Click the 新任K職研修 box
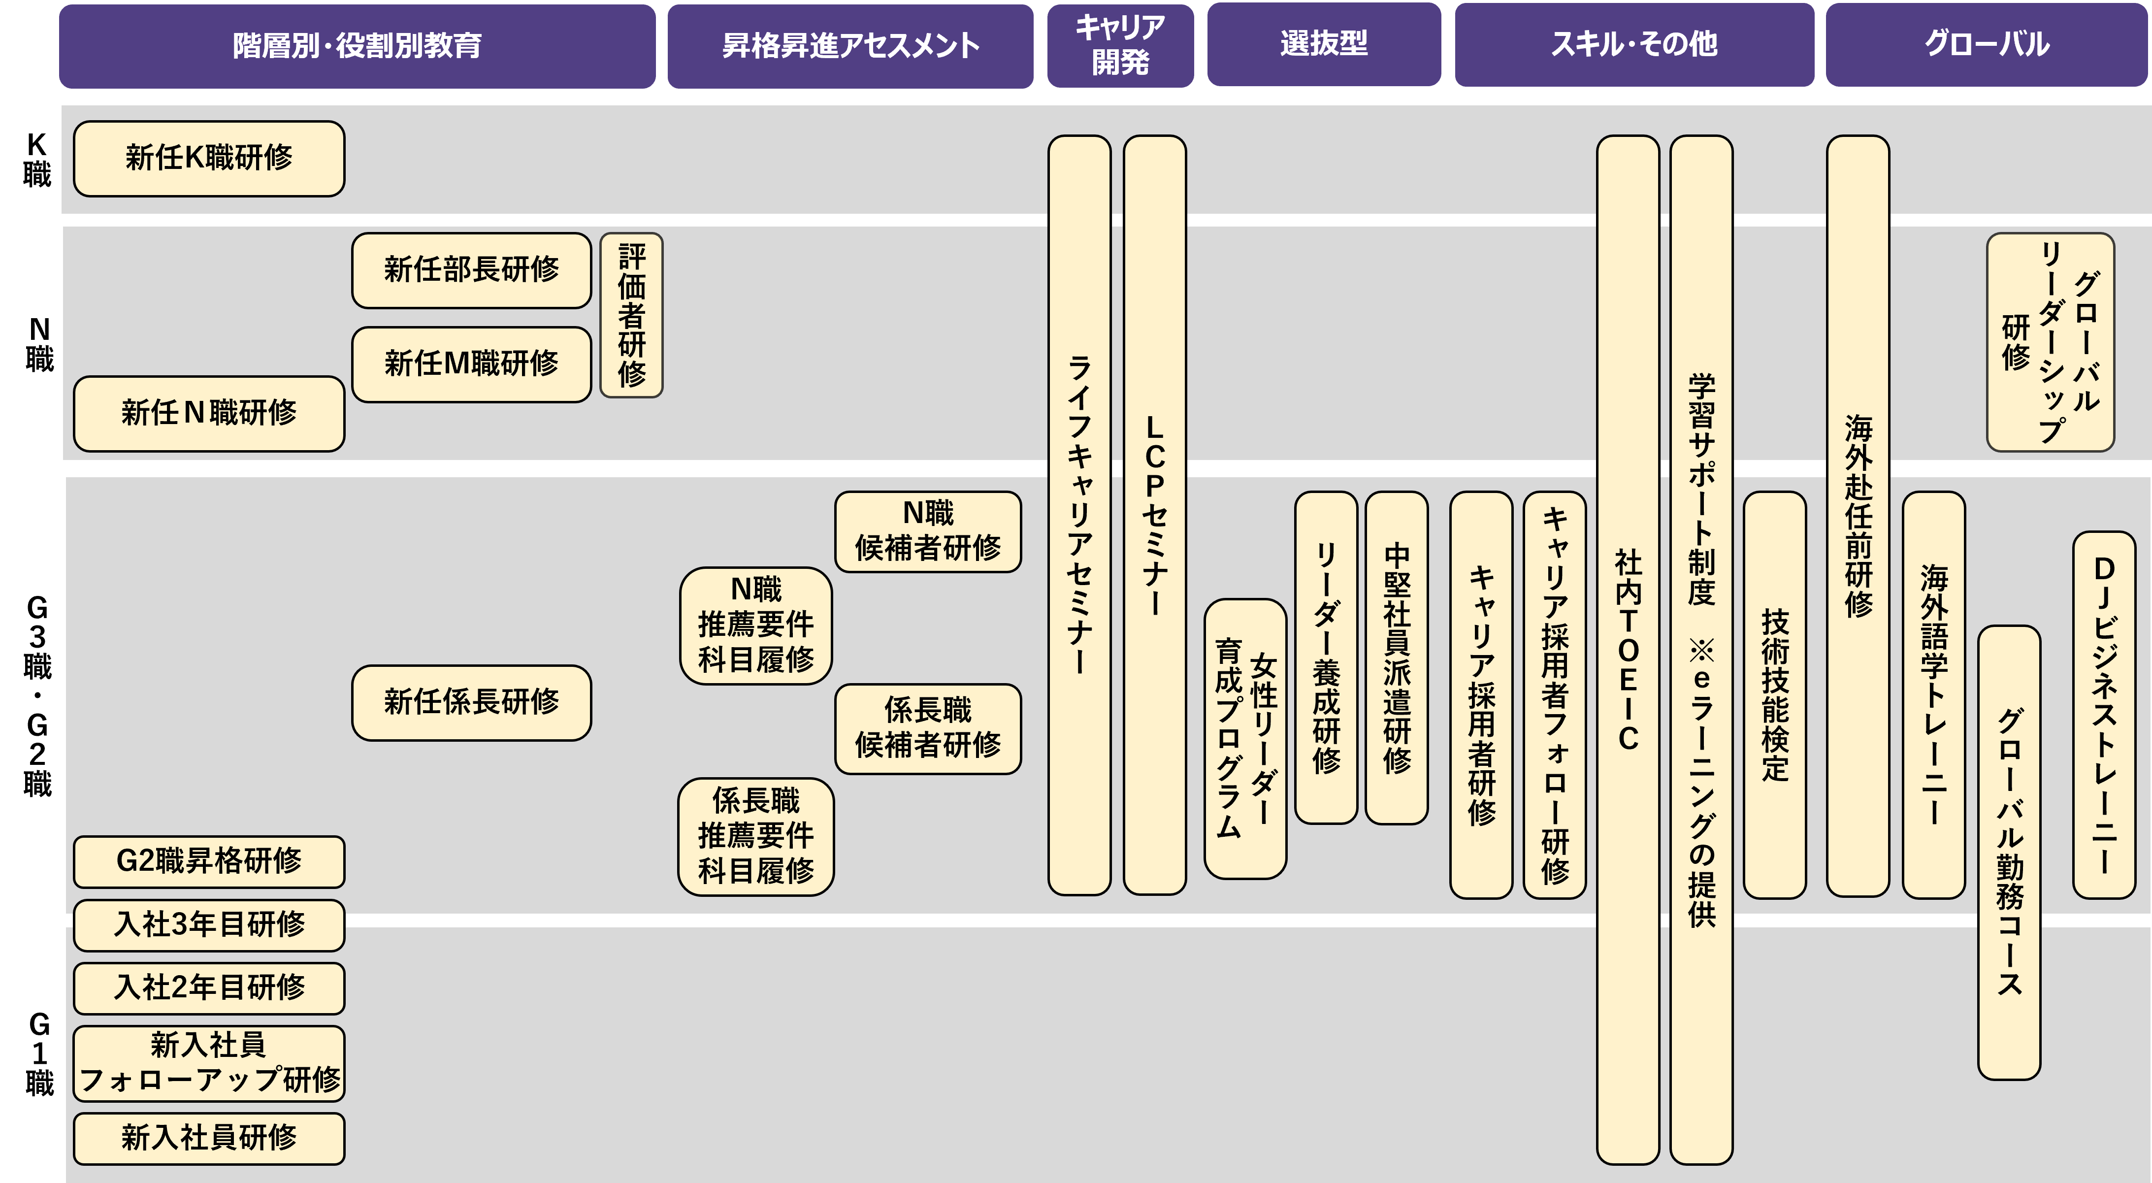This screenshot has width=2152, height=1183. point(209,159)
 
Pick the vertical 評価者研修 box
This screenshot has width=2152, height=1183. point(631,315)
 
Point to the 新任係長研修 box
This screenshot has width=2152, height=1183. point(471,702)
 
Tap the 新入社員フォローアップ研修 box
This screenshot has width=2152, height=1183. point(209,1063)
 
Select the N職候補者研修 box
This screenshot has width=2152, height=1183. point(927,531)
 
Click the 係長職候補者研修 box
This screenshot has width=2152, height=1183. point(927,728)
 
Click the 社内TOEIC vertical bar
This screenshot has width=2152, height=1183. point(1628,649)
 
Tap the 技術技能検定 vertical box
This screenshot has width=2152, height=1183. point(1774,694)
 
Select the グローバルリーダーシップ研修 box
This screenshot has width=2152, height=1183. point(2050,342)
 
